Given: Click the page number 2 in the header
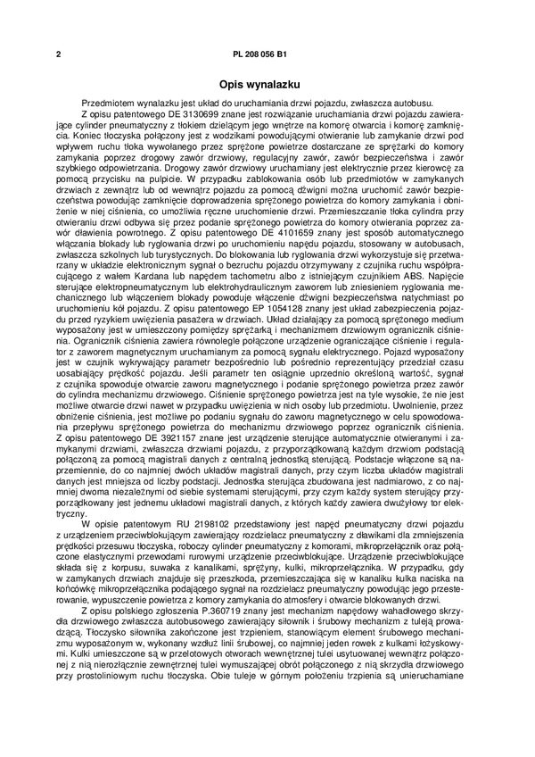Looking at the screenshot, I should click(57, 55).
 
